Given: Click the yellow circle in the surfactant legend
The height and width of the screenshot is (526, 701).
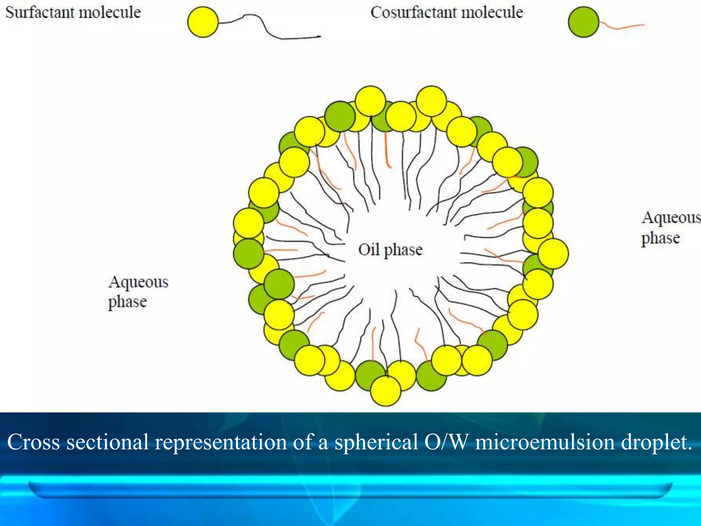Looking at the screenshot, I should [x=203, y=22].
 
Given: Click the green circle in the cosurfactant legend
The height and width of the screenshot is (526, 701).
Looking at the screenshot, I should [x=584, y=22].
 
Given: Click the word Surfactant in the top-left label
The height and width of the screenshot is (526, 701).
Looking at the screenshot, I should [x=40, y=13].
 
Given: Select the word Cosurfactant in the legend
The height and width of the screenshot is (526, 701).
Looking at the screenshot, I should [x=413, y=13].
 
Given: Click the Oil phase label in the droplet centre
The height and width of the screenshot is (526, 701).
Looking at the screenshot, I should [x=390, y=250].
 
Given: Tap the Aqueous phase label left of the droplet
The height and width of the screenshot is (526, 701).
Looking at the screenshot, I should [x=138, y=292].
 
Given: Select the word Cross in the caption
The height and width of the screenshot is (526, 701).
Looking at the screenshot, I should [x=34, y=442].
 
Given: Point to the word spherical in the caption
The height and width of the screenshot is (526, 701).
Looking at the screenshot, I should [x=376, y=442].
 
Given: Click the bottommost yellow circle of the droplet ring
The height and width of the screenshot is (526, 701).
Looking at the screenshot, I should [x=386, y=391].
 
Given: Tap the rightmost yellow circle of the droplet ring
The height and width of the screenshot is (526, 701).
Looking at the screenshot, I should [x=553, y=254].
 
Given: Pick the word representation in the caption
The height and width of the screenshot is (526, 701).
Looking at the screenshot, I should [x=221, y=442].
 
